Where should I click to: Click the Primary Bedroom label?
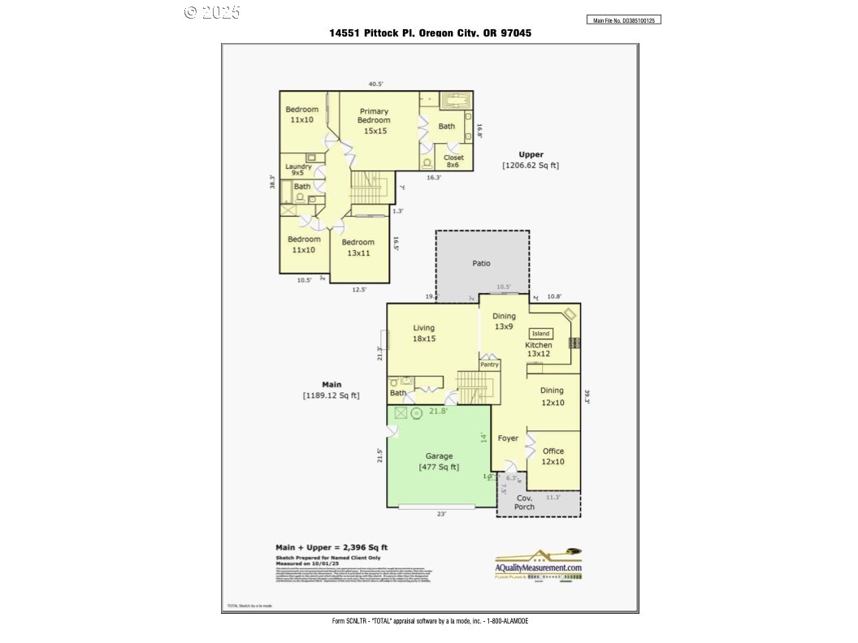[375, 120]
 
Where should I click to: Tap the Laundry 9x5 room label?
[298, 170]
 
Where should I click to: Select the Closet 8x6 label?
[453, 161]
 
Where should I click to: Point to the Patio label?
[482, 263]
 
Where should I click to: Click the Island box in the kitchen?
[541, 334]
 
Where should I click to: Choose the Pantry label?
[489, 365]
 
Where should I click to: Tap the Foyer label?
[509, 438]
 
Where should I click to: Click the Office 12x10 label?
[553, 456]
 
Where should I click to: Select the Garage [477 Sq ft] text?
[439, 461]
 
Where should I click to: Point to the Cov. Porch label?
[525, 502]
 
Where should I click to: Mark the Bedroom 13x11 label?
[358, 247]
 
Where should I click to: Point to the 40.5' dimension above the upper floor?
[375, 84]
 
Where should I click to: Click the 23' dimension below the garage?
[442, 513]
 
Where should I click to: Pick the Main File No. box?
[624, 19]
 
